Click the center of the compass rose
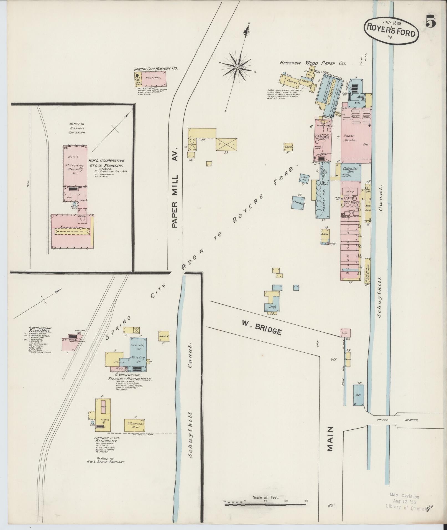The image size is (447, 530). (x=237, y=67)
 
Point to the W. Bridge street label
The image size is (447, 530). (x=262, y=327)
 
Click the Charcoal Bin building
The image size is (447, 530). (x=135, y=432)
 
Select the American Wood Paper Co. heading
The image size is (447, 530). (x=313, y=63)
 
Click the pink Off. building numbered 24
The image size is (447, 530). (x=345, y=333)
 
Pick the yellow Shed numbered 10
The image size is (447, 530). (x=288, y=147)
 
